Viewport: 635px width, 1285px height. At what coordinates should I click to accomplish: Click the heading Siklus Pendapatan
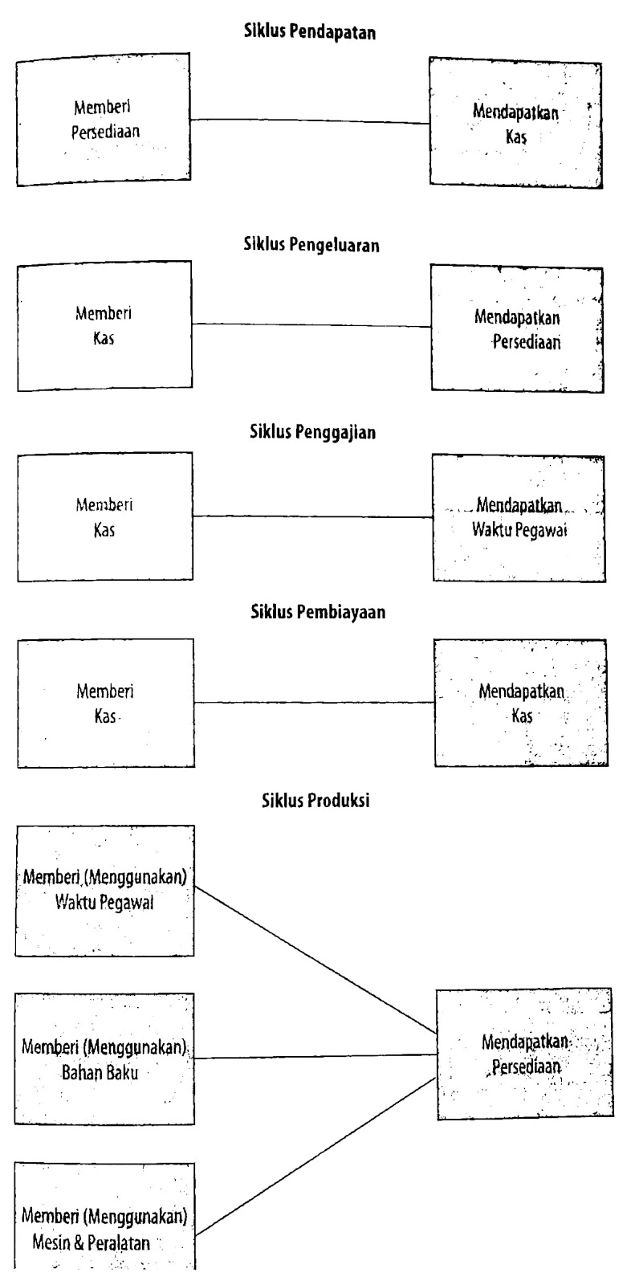(x=310, y=33)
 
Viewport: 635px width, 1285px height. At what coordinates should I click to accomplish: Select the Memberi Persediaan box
(x=104, y=120)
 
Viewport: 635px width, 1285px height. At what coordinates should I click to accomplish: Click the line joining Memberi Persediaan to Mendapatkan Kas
(x=310, y=121)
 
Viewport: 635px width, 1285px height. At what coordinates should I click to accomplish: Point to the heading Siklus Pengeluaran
(x=311, y=246)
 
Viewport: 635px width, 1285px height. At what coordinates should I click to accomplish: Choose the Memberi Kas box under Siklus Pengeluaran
(x=104, y=326)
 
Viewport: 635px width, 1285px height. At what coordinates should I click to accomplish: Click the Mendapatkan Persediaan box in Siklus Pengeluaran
(x=517, y=329)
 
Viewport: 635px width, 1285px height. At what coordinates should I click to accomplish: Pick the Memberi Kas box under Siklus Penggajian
(x=104, y=516)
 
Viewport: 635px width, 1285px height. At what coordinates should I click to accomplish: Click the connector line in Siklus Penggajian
(x=313, y=516)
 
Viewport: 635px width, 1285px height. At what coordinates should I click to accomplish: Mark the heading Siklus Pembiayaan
(x=313, y=612)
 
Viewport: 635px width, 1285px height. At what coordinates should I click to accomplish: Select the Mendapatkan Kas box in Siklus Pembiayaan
(x=521, y=703)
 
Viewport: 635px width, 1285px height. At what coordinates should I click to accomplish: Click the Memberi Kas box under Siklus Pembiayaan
(x=105, y=703)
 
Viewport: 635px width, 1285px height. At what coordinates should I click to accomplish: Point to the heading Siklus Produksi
(x=315, y=801)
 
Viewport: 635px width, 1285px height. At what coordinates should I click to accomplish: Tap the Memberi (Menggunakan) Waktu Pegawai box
(x=104, y=890)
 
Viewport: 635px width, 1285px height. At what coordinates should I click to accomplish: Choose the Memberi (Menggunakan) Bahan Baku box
(x=104, y=1059)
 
